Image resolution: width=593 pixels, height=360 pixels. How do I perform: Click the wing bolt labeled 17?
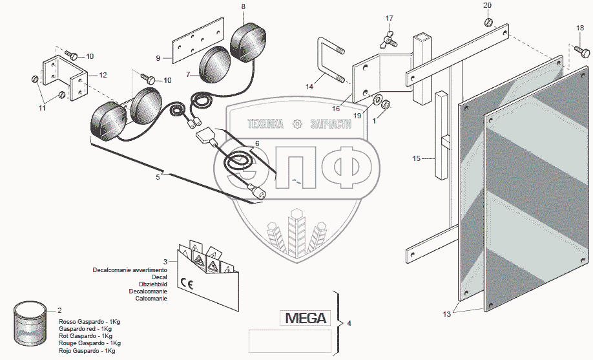[x=390, y=41]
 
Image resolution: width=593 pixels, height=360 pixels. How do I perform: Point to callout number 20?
[x=487, y=5]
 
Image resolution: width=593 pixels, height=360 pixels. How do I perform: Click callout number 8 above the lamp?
[x=243, y=6]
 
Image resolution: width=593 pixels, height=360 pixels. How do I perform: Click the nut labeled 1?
[x=385, y=103]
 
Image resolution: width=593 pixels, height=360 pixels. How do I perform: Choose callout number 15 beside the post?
[x=417, y=157]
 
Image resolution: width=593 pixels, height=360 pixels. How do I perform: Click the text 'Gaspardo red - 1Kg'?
[x=85, y=329]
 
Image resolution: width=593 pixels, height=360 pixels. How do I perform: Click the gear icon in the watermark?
[x=297, y=123]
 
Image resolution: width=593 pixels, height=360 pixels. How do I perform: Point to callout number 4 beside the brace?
[x=349, y=322]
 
